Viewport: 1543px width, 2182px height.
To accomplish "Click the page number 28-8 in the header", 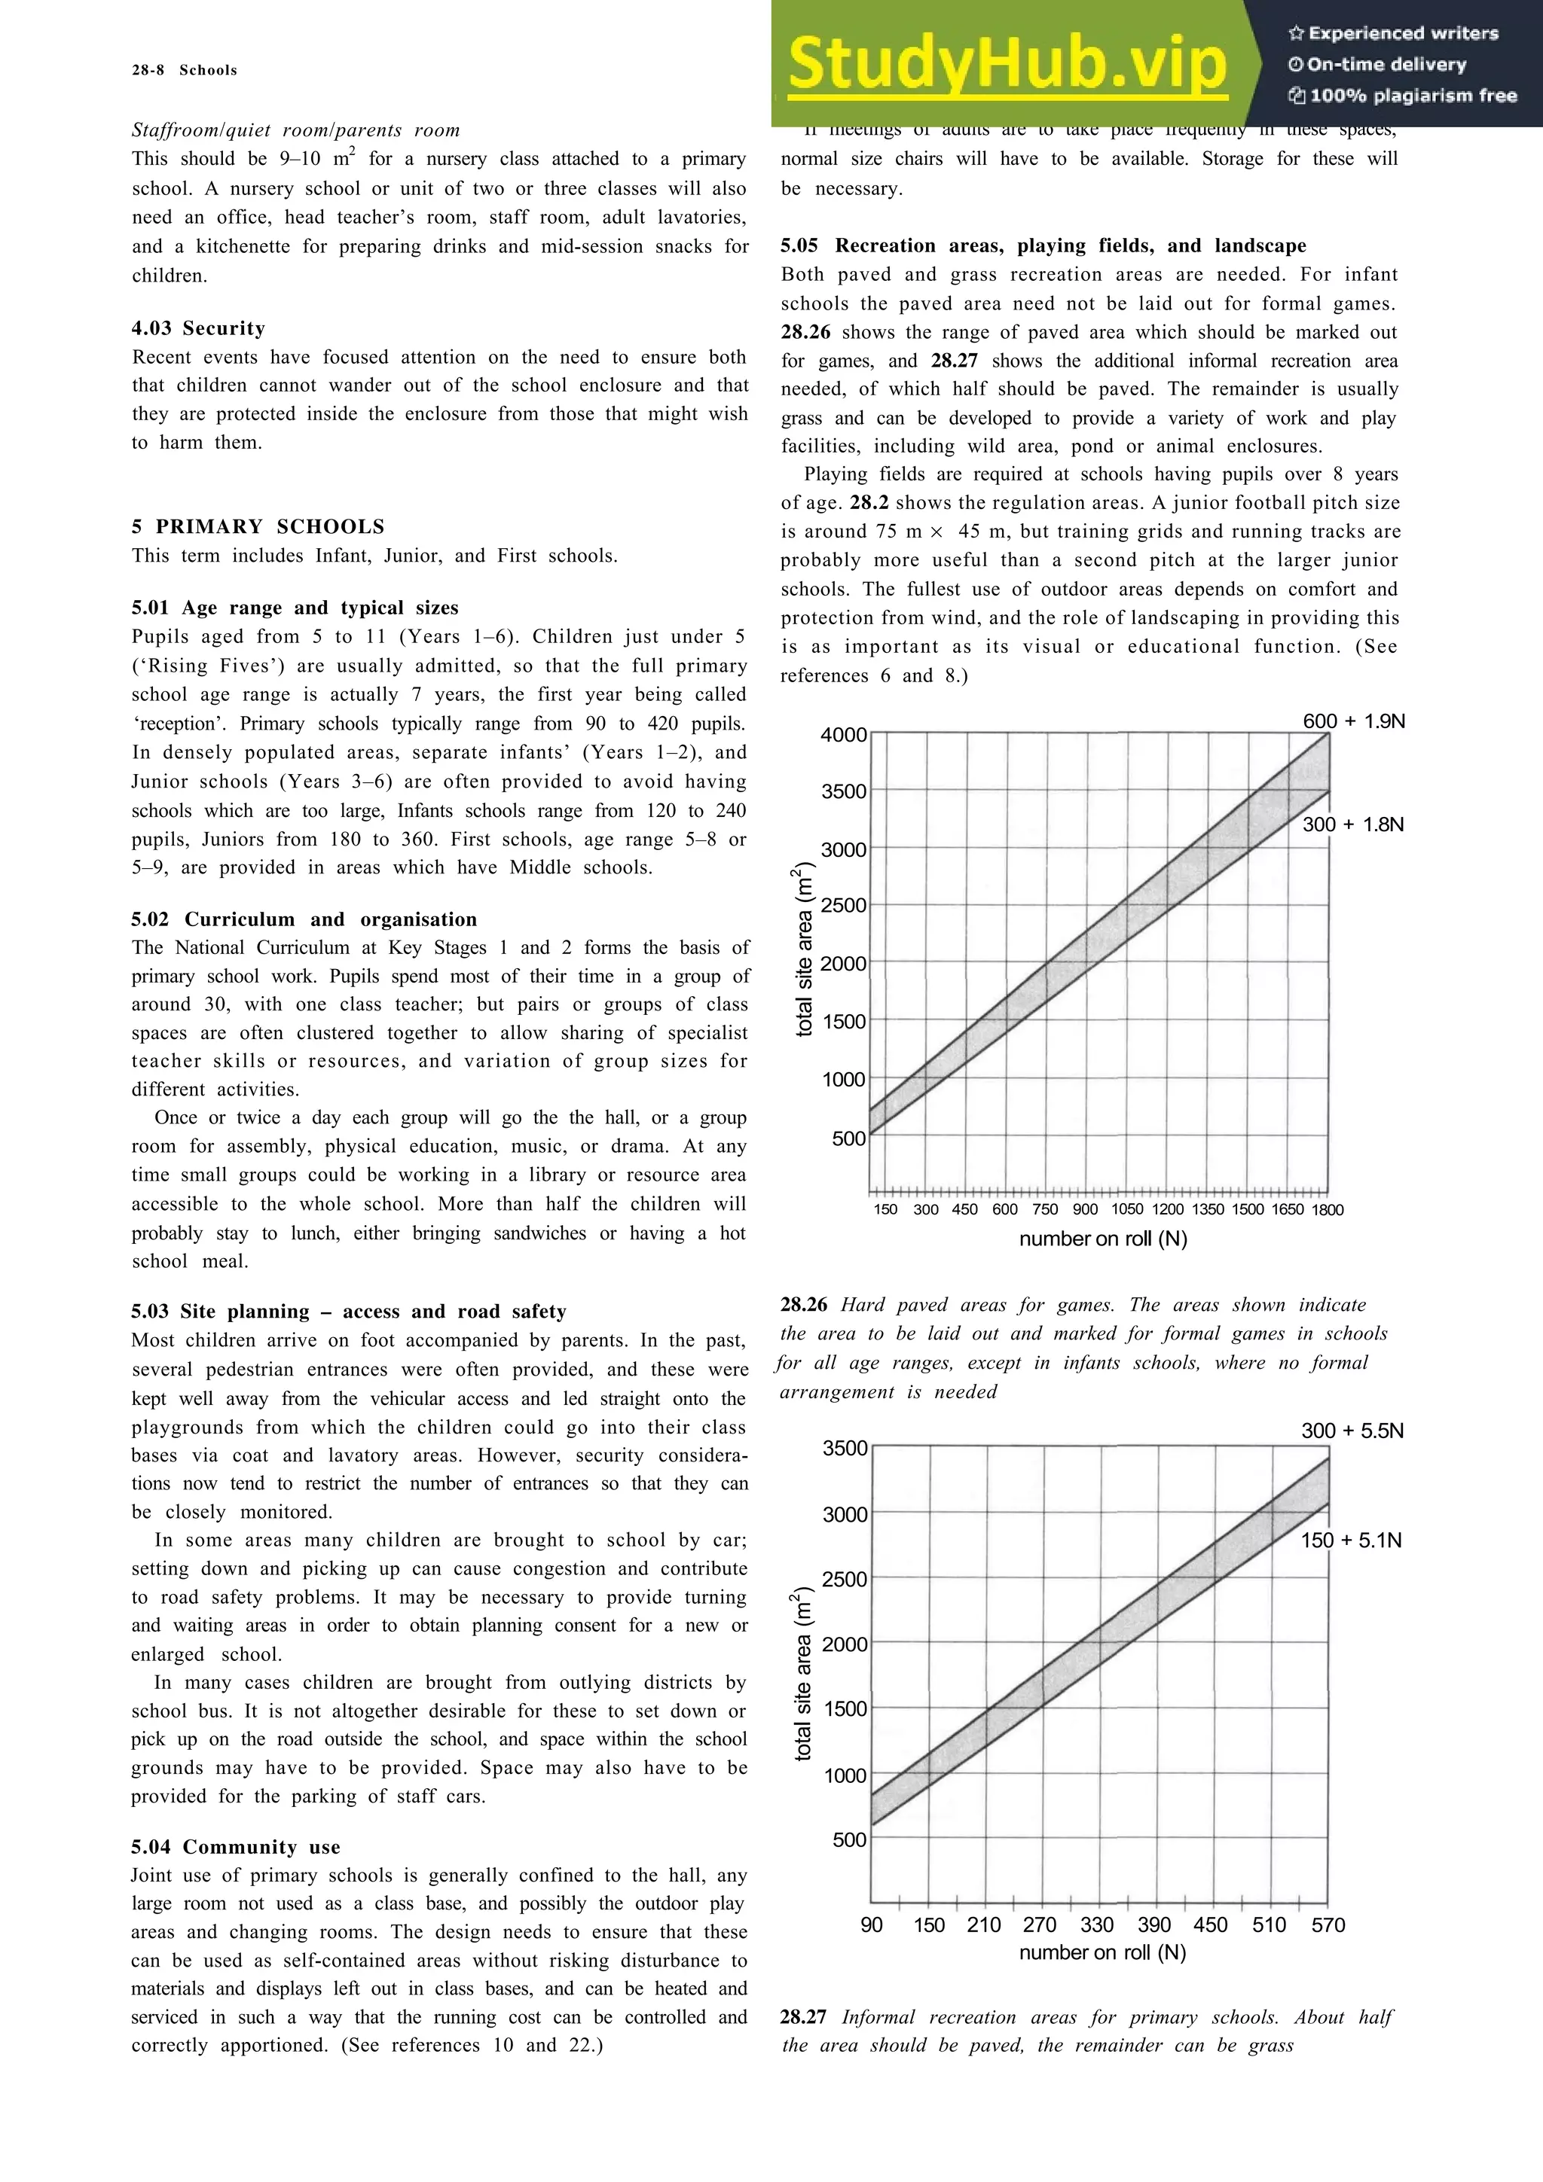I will pyautogui.click(x=148, y=70).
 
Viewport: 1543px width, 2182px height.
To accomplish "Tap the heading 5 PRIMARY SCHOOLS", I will pyautogui.click(x=258, y=526).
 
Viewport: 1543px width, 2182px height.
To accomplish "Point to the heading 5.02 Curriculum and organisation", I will pyautogui.click(x=304, y=919).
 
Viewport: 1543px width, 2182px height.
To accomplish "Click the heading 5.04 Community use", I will pyautogui.click(x=236, y=1846).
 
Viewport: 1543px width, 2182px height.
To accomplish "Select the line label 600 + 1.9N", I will pyautogui.click(x=1353, y=721).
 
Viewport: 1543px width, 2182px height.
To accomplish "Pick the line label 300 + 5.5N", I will pyautogui.click(x=1352, y=1431).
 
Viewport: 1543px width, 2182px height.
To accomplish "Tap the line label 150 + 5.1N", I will pyautogui.click(x=1350, y=1540).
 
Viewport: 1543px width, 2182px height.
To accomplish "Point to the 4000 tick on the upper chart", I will pyautogui.click(x=843, y=735).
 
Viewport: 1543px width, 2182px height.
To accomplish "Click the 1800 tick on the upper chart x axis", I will pyautogui.click(x=1328, y=1210).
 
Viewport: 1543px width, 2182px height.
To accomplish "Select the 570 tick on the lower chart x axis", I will pyautogui.click(x=1328, y=1924).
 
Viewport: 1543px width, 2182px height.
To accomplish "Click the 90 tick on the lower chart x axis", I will pyautogui.click(x=871, y=1924).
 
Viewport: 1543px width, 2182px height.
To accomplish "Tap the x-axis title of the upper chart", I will pyautogui.click(x=1103, y=1239).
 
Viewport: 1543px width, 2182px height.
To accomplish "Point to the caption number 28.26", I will pyautogui.click(x=803, y=1305).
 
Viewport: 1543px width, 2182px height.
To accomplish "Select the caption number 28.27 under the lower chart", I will pyautogui.click(x=803, y=2016).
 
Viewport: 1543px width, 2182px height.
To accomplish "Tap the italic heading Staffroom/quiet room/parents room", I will pyautogui.click(x=295, y=130).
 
